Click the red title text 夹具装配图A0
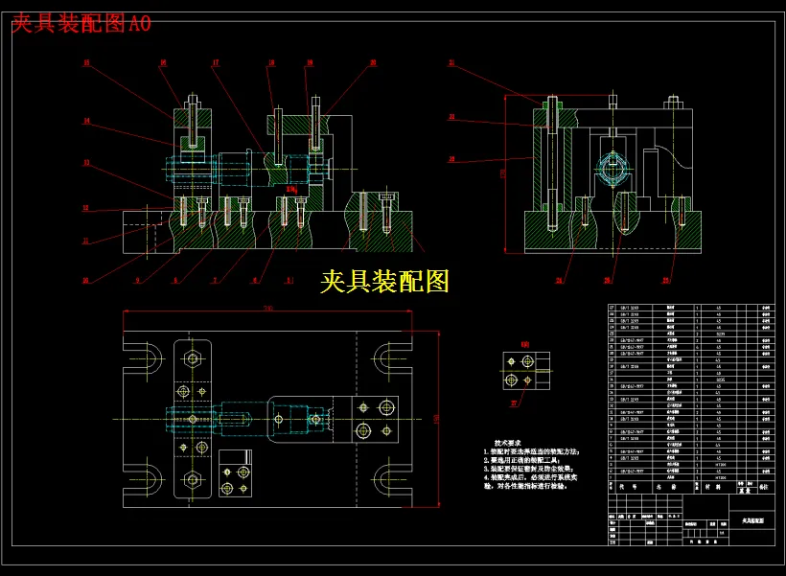click(81, 24)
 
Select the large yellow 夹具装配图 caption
click(384, 281)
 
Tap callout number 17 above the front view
click(216, 63)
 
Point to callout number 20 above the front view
click(373, 62)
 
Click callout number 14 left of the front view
click(86, 121)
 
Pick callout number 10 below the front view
click(85, 280)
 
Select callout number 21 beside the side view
click(451, 62)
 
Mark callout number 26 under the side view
click(607, 280)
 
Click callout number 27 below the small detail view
click(514, 403)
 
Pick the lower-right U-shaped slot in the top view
click(394, 477)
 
